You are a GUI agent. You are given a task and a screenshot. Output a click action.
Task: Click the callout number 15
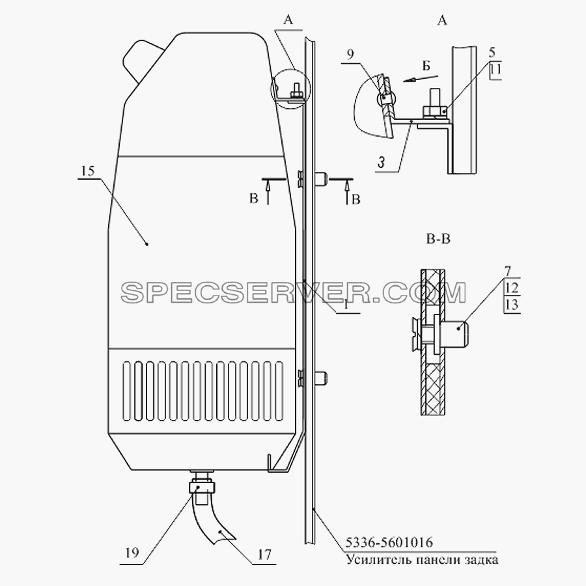point(87,171)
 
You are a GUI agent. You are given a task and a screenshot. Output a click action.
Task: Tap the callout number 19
point(132,553)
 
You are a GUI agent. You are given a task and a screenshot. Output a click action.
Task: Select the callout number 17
point(264,555)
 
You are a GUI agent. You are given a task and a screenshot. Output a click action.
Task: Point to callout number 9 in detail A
point(350,55)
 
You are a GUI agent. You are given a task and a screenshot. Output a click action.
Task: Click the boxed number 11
point(495,70)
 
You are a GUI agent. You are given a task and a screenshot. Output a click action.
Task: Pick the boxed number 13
point(512,305)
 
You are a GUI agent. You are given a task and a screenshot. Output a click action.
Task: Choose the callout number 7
point(507,271)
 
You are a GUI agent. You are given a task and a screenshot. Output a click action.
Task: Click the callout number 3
point(381,163)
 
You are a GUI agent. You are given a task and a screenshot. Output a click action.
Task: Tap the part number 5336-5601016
point(389,542)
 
